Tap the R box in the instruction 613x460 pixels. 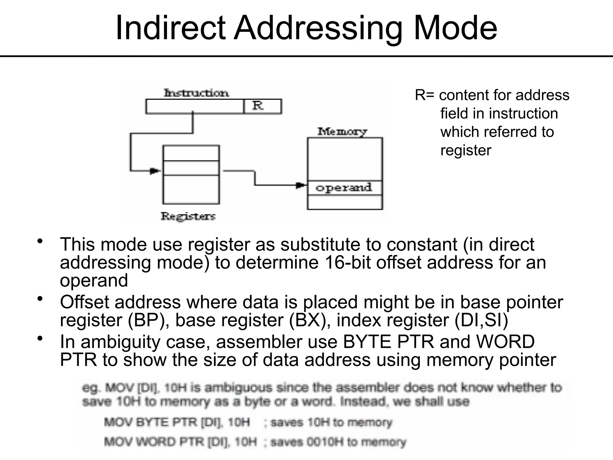point(262,106)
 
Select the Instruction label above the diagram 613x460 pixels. point(196,93)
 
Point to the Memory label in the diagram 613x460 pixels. point(342,131)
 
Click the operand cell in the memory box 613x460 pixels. point(344,188)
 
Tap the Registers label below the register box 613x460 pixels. point(188,216)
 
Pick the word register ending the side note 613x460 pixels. point(466,150)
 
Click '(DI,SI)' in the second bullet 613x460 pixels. point(481,320)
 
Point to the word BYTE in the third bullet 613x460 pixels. point(367,341)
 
